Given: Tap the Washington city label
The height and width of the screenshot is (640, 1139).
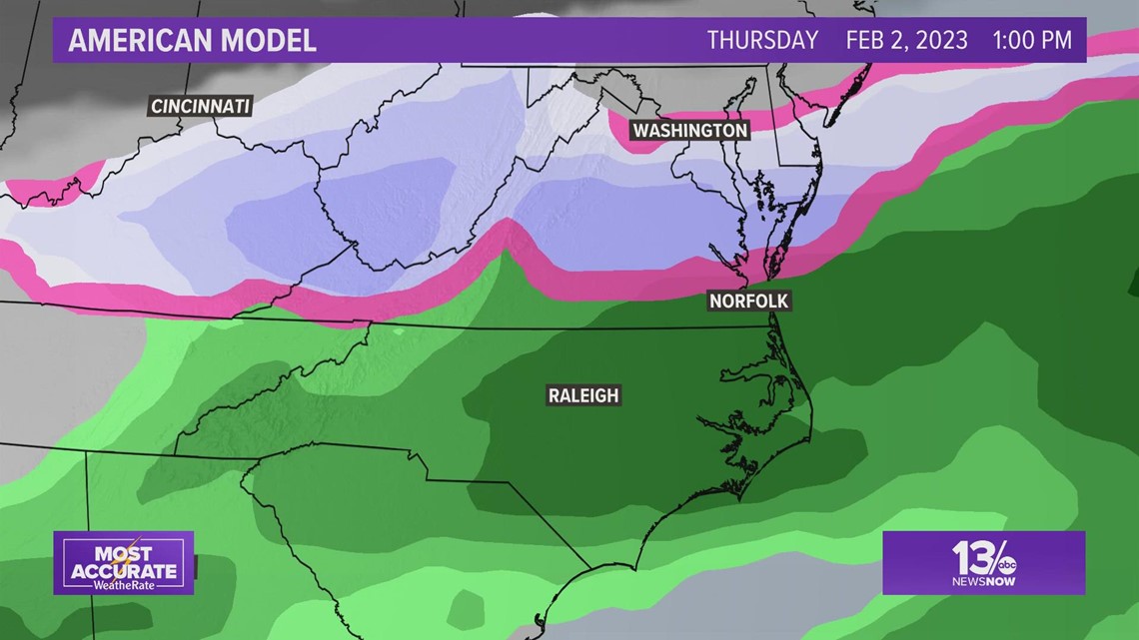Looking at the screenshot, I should [689, 131].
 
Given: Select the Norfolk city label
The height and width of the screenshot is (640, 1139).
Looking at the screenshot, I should [749, 301].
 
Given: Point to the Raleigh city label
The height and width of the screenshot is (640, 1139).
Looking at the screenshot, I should [583, 395].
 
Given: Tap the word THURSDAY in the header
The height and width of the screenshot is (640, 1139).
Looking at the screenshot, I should [762, 41].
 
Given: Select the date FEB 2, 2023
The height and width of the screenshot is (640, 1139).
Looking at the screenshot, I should [906, 41].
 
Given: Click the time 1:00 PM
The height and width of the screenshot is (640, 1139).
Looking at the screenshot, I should [1032, 41].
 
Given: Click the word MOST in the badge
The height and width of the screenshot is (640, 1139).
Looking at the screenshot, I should [123, 554].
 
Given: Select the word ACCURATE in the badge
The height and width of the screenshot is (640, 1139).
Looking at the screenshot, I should [123, 571].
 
